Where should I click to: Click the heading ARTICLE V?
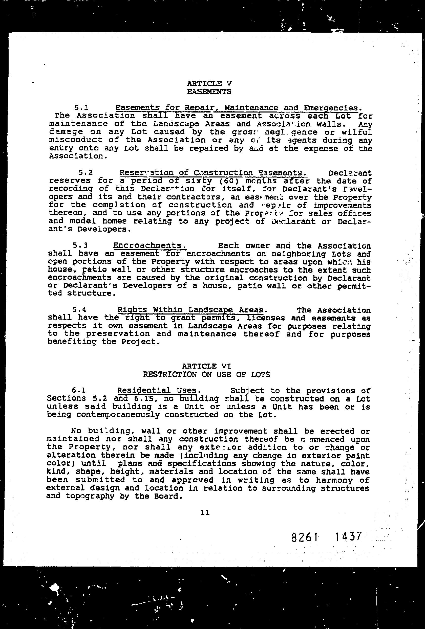(x=209, y=83)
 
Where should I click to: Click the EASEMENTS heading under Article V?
(x=209, y=92)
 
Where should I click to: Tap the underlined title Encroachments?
(x=150, y=245)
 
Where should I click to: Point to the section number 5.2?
(x=85, y=173)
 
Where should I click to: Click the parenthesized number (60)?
(x=231, y=181)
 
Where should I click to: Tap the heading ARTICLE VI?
(x=206, y=366)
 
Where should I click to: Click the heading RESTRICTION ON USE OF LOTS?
(x=206, y=375)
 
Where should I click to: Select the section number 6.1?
(x=79, y=391)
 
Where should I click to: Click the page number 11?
(x=205, y=513)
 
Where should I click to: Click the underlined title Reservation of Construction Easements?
(x=213, y=173)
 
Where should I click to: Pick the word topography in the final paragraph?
(x=89, y=497)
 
